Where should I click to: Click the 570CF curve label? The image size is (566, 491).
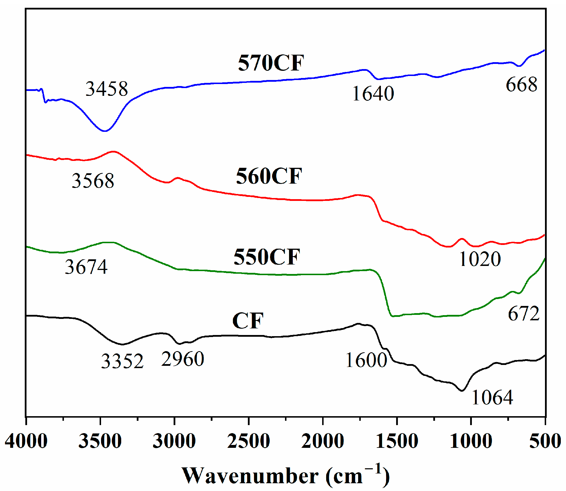coord(271,63)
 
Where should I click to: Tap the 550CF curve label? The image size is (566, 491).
coord(267,257)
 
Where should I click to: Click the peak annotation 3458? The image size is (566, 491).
coord(107,89)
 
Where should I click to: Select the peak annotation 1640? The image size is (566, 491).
coord(373,94)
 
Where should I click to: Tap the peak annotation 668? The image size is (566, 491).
coord(521,85)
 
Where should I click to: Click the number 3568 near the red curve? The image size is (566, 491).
coord(93,181)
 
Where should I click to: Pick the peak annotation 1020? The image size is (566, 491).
coord(480,259)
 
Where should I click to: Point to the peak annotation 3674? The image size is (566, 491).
coord(86,267)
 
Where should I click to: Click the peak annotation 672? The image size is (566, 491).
coord(523,314)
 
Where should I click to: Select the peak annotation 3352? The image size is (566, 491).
coord(122,361)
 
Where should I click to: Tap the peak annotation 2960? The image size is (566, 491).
coord(183,359)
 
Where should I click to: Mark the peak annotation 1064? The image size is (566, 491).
coord(492,398)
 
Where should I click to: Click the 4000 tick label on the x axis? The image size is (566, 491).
coord(26,441)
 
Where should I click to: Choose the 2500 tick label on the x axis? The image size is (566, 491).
coord(248,441)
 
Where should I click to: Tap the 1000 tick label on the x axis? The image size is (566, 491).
coord(471,441)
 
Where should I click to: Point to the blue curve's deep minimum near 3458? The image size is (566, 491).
coord(105,131)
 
